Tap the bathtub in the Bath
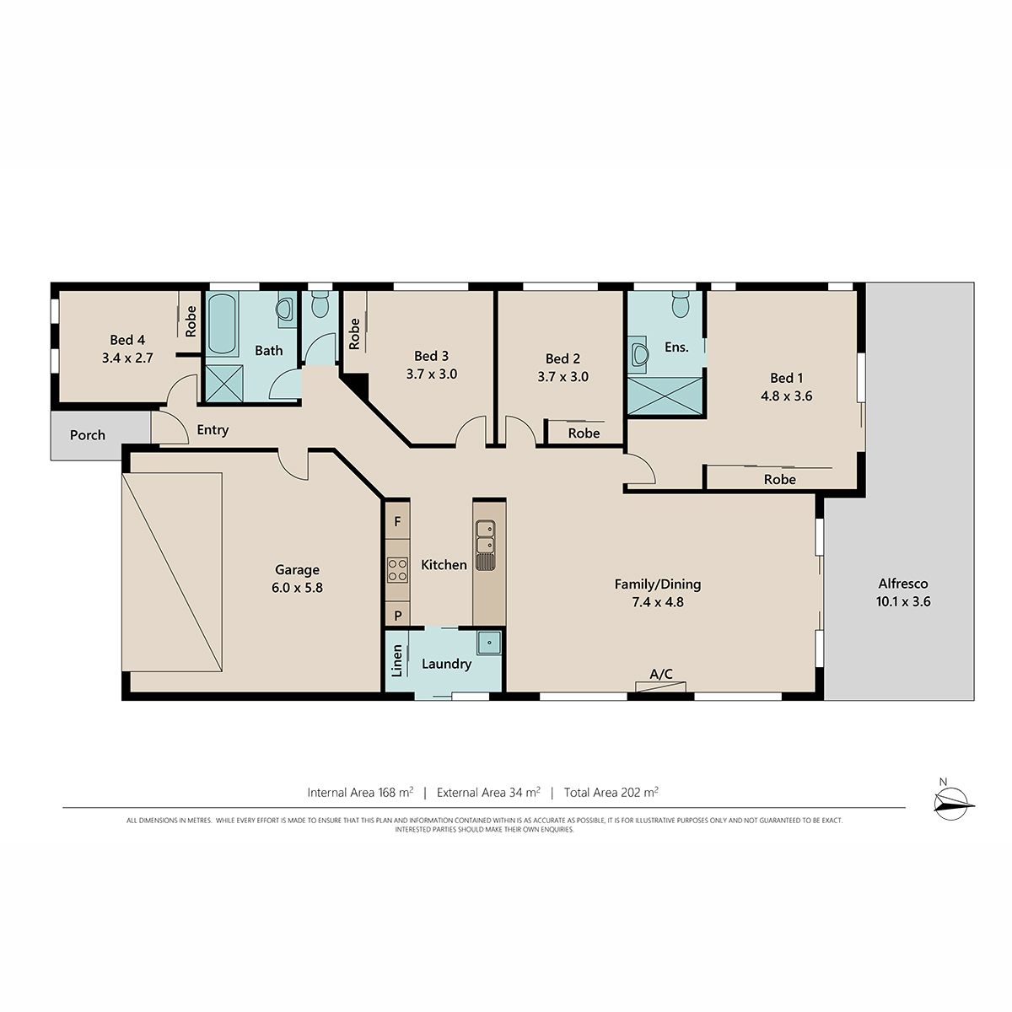[x=222, y=324]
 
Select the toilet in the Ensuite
[x=680, y=304]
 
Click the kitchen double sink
[x=485, y=545]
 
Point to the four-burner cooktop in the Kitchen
[x=397, y=569]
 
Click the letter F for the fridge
[x=397, y=521]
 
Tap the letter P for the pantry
[x=397, y=616]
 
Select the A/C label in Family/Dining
[x=660, y=674]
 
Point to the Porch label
[x=87, y=435]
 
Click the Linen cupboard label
[x=397, y=660]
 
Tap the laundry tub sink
[x=489, y=643]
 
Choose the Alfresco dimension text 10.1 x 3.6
[x=902, y=602]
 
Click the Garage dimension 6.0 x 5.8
[x=297, y=588]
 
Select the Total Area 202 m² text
[x=611, y=793]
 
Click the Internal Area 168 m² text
[x=360, y=793]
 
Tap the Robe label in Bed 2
[x=584, y=433]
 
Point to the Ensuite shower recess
[x=665, y=396]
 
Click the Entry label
[x=213, y=430]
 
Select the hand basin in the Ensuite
[x=638, y=355]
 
